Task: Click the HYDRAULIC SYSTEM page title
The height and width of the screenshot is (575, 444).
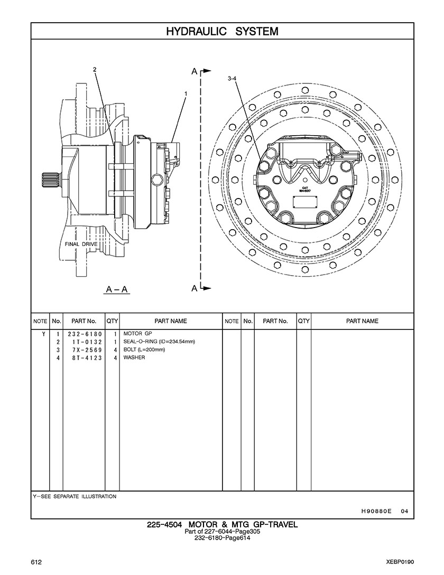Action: [222, 31]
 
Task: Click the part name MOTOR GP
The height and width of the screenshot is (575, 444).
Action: [137, 334]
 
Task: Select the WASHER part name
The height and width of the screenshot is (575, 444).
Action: [134, 358]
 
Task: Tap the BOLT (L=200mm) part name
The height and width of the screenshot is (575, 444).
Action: [144, 350]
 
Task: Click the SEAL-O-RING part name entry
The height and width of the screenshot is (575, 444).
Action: [159, 342]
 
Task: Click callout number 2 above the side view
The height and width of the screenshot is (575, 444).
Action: [95, 69]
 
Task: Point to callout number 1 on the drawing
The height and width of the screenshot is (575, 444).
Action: [186, 93]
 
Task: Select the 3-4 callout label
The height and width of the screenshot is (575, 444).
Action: [232, 78]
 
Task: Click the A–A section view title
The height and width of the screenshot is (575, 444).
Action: [117, 289]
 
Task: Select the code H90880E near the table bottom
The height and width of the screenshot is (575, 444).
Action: [376, 511]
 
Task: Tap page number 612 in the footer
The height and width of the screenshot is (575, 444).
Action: [36, 562]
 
